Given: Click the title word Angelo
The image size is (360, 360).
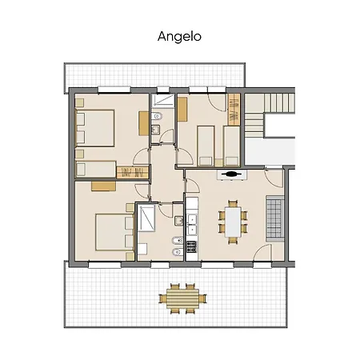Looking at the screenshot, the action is pos(179,37).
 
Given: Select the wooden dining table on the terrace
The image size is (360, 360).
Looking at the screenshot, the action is pos(182,298).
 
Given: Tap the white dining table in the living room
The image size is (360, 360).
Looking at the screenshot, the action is pos(233,222).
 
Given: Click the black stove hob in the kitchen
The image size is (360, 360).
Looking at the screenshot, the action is pos(191,246).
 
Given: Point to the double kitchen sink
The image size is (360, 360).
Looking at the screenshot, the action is pos(192,225).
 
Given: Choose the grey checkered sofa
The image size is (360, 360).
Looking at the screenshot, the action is pos(274,218).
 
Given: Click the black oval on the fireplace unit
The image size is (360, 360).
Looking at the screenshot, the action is pos(231,174).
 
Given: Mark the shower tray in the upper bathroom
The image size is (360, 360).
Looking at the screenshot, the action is pos(163,101).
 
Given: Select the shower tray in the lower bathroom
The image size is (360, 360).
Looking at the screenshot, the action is pos(146,218).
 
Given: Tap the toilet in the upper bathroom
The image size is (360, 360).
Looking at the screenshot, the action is pos(157,116).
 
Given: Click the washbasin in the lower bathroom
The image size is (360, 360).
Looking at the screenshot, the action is pos(179,221).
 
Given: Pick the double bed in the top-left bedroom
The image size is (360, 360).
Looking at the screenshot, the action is pos(95,128).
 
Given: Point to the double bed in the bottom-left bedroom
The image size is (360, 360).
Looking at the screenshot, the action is pos(115,232).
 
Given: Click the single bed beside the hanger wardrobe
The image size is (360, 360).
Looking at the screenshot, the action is pos(96,169).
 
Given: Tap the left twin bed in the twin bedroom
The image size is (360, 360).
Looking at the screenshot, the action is pos(206,146).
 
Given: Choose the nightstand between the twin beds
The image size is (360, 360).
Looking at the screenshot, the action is pos(219,162).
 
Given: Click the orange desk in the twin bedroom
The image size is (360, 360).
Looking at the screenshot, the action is pos(182,110).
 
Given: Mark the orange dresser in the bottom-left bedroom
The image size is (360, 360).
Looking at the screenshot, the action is pos(103,186).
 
